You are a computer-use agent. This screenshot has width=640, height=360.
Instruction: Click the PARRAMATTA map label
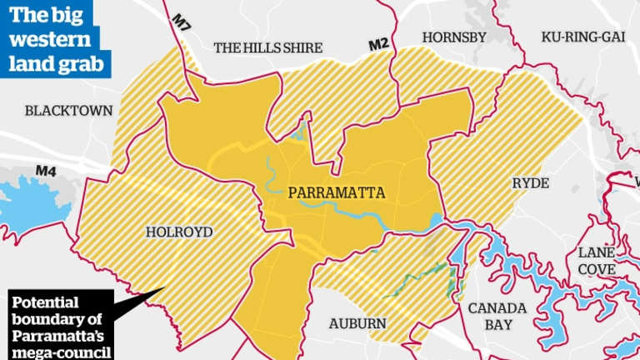(337, 192)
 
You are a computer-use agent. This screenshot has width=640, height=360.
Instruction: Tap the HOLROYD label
(178, 232)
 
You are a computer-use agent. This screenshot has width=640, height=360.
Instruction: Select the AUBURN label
(357, 322)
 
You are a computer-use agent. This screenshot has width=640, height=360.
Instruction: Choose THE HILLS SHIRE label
(267, 48)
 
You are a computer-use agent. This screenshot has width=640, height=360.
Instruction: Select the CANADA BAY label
(497, 316)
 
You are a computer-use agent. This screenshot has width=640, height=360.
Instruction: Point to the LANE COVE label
(598, 259)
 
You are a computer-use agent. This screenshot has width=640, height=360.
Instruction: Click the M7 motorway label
(182, 19)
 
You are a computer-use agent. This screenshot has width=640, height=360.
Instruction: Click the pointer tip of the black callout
(165, 288)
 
